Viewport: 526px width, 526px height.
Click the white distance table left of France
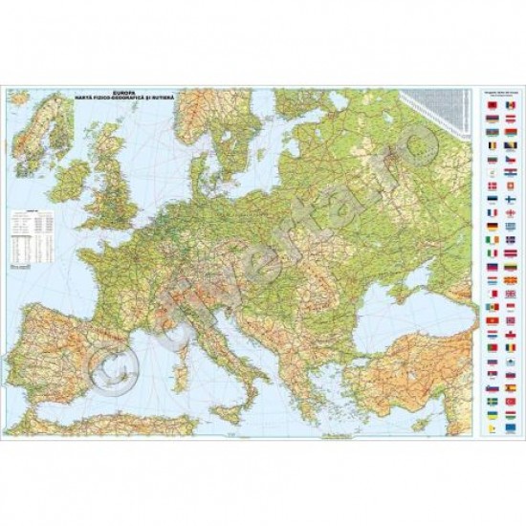(33, 228)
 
